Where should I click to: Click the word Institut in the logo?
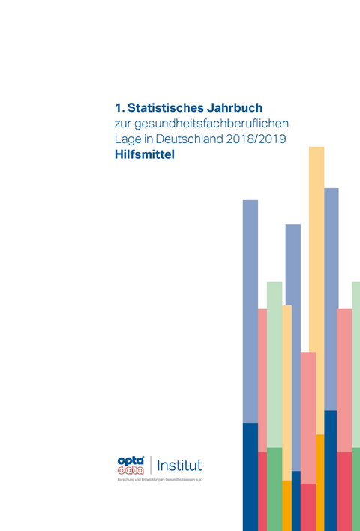tap(178, 465)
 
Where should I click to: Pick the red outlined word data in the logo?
tap(130, 469)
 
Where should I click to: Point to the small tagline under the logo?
tap(159, 480)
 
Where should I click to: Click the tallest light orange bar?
tap(316, 285)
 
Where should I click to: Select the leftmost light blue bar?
tap(250, 307)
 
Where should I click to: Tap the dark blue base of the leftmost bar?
tap(250, 476)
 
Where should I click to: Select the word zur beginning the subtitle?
tap(112, 124)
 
